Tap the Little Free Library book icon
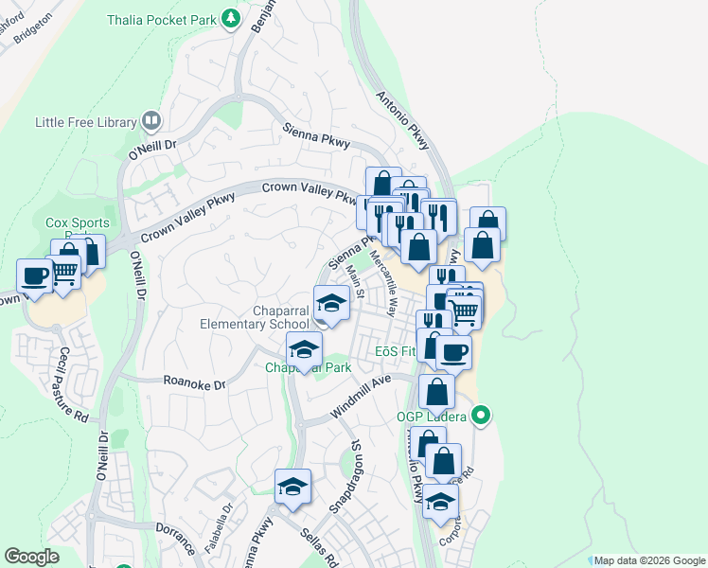pyautogui.click(x=151, y=121)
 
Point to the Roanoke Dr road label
pyautogui.click(x=194, y=385)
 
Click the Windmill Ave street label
pyautogui.click(x=361, y=397)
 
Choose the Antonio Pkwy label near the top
pyautogui.click(x=403, y=120)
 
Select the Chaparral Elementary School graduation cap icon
pyautogui.click(x=331, y=304)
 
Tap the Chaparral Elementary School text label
pyautogui.click(x=254, y=317)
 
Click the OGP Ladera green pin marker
pyautogui.click(x=481, y=415)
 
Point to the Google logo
pyautogui.click(x=32, y=557)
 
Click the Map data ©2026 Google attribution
pyautogui.click(x=648, y=560)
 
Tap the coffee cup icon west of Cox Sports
pyautogui.click(x=34, y=276)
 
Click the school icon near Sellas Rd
pyautogui.click(x=292, y=488)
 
